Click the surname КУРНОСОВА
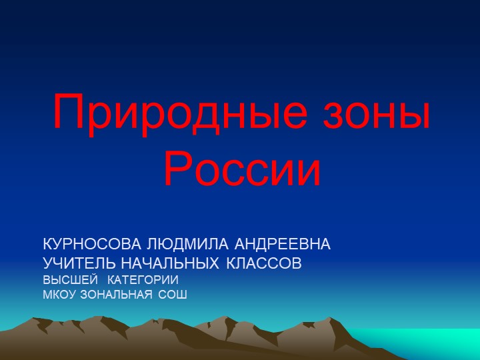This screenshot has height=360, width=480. (92, 244)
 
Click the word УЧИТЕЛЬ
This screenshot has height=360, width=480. (80, 263)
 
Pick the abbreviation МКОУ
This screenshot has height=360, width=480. (59, 294)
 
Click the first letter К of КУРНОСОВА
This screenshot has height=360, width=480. (47, 244)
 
